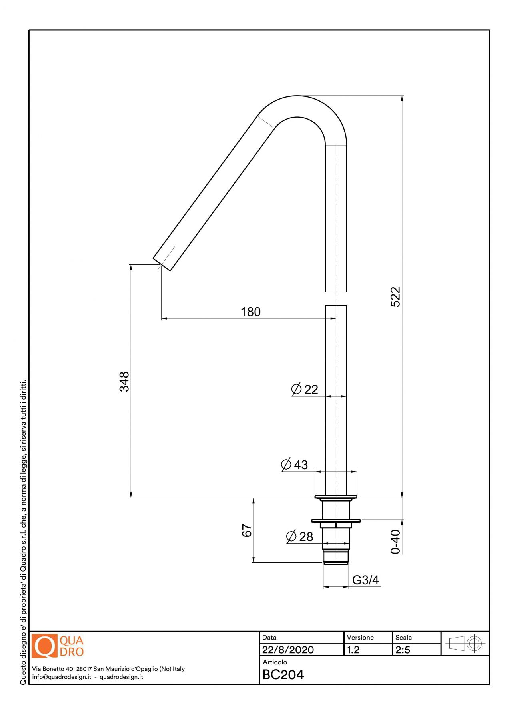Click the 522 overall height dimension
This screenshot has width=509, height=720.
395,297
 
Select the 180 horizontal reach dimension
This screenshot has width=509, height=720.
251,312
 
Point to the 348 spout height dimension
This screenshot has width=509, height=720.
124,382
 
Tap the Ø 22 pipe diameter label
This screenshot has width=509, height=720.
305,389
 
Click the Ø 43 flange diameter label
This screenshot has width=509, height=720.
295,464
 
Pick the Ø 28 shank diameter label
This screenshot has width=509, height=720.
300,536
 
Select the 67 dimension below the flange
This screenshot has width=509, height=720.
247,530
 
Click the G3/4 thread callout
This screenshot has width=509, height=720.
365,580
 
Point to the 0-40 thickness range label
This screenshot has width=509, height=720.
395,542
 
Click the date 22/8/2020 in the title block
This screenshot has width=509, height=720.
288,650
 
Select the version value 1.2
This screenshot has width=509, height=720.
353,650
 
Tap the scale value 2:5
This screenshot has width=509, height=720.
403,650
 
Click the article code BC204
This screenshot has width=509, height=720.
283,675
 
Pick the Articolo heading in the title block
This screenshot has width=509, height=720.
275,662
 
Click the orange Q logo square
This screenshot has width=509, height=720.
45,646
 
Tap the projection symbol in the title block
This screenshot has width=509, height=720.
465,644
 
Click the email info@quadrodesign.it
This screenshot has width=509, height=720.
62,677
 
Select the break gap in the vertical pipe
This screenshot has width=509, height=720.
336,298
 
